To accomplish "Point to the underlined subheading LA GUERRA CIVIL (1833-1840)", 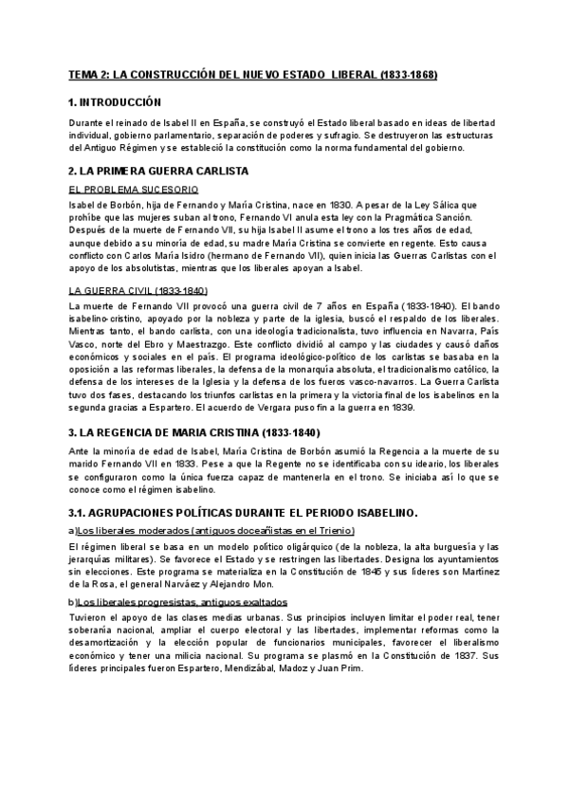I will tap(138, 290).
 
